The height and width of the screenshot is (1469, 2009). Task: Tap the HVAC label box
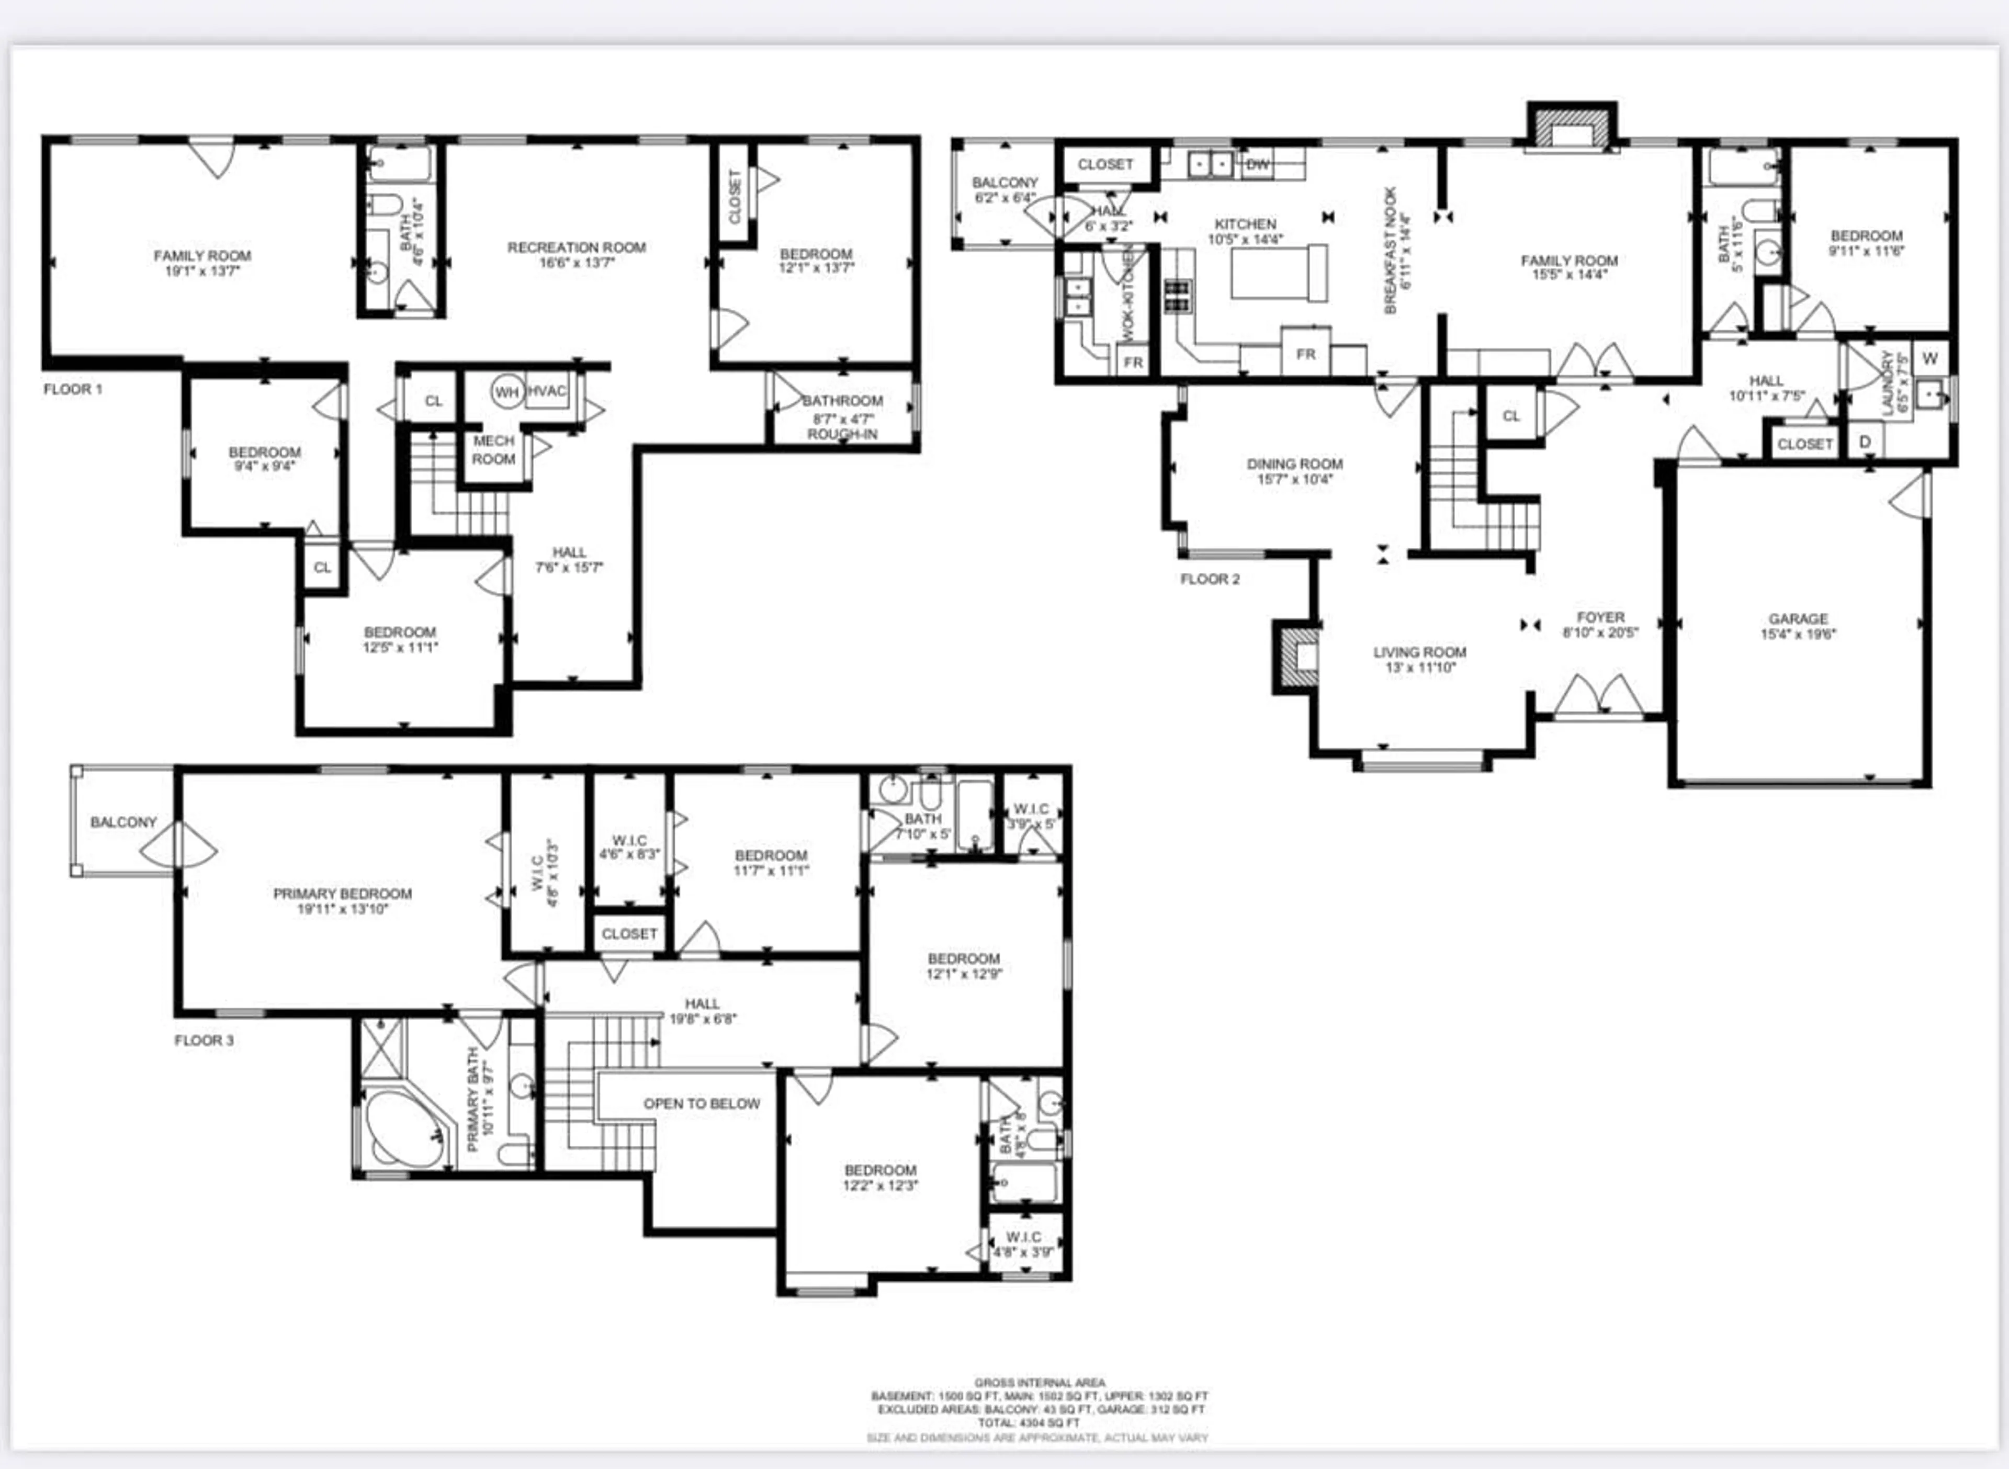tap(547, 391)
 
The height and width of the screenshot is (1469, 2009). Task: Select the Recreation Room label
tap(577, 247)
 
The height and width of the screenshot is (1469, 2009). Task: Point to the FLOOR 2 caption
tap(1210, 579)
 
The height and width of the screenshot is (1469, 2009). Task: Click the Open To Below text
tap(702, 1103)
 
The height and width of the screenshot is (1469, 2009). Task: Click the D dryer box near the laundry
tap(1865, 442)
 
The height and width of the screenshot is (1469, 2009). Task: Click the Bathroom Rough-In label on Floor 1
tap(842, 417)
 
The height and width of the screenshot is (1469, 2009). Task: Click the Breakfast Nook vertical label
tap(1392, 250)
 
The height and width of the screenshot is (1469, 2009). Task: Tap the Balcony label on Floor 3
tap(123, 822)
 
